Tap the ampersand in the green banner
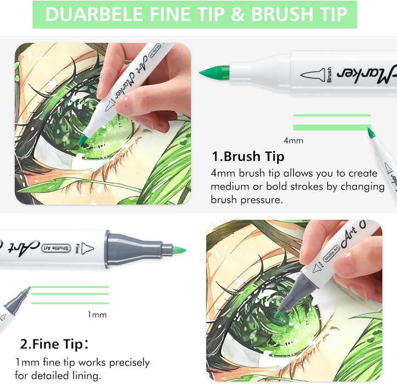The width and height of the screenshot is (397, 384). click(238, 14)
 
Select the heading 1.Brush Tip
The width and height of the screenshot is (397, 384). click(248, 156)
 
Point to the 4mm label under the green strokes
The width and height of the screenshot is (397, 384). click(293, 140)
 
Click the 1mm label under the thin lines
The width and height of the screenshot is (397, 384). click(97, 314)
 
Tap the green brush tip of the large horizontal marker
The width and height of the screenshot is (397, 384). click(214, 72)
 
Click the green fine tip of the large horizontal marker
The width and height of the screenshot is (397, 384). click(179, 250)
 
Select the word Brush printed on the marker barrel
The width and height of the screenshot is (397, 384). click(329, 75)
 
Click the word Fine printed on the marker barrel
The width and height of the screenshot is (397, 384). click(77, 249)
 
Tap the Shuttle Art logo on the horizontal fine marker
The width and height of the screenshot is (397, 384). click(56, 249)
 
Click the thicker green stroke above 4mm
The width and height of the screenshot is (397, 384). click(332, 127)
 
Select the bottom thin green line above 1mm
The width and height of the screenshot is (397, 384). click(70, 303)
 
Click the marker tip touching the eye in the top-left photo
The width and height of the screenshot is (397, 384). click(82, 140)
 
